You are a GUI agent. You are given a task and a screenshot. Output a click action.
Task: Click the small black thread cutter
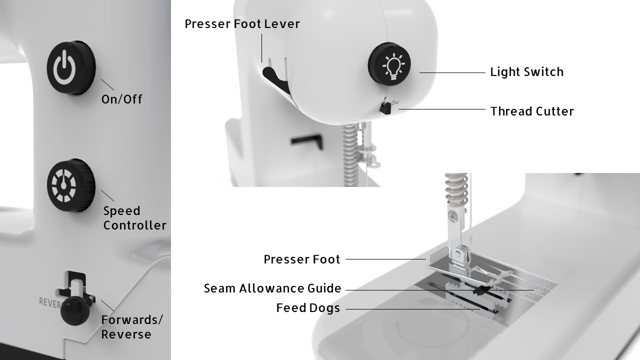pos(385,107)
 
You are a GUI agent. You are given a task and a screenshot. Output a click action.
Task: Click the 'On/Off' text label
pos(122,99)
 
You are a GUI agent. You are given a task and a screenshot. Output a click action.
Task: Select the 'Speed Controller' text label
pos(134,218)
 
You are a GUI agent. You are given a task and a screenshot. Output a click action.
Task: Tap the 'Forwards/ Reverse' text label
pos(132,327)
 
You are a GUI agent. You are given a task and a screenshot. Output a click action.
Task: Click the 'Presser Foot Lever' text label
pos(242,24)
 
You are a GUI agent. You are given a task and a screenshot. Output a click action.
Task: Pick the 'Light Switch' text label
pos(526,72)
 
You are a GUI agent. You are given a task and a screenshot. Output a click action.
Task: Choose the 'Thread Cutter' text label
pos(532,111)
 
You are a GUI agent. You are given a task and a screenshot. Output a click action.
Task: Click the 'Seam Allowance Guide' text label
pos(272,288)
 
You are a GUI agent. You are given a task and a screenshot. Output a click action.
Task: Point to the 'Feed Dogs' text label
pos(308,308)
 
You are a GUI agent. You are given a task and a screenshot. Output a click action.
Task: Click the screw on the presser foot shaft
pos(452,217)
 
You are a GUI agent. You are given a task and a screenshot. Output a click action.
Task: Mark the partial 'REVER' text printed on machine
pos(50,302)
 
